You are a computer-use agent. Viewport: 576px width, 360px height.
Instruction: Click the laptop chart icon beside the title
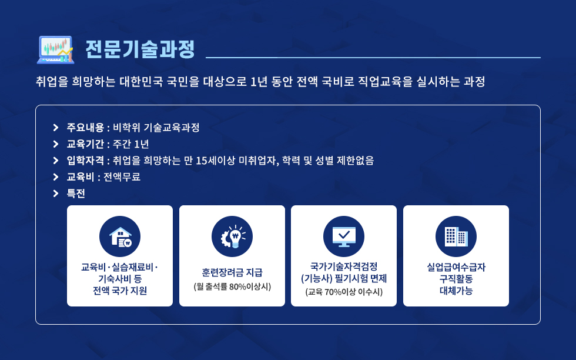[55, 49]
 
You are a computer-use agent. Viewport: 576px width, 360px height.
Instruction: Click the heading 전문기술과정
[140, 49]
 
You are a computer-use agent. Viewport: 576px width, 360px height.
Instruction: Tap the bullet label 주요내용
[85, 128]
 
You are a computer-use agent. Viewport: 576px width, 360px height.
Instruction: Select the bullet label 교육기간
[85, 144]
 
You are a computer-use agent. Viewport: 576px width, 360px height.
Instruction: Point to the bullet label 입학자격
[85, 161]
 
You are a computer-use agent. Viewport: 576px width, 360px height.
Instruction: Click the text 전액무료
[122, 177]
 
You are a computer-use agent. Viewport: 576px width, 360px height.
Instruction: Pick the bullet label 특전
[76, 194]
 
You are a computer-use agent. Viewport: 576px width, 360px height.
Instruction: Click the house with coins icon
[120, 236]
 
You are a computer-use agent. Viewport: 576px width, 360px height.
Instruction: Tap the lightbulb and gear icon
[232, 236]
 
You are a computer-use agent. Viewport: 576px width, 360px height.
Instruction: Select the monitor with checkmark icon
[344, 236]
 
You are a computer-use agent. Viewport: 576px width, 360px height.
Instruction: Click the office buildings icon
[456, 236]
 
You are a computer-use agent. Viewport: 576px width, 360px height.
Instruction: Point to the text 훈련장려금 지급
[232, 272]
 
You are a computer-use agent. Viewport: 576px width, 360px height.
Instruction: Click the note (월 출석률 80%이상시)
[232, 286]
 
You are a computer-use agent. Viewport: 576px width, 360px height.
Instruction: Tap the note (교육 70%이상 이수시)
[344, 292]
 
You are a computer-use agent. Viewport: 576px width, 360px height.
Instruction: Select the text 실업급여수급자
[456, 267]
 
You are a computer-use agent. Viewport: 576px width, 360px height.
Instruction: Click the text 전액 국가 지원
[120, 291]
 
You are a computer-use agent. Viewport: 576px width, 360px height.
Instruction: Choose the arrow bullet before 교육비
[56, 177]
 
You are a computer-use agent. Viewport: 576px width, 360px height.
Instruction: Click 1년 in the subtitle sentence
[259, 81]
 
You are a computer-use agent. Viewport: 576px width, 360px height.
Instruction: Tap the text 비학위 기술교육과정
[156, 128]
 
